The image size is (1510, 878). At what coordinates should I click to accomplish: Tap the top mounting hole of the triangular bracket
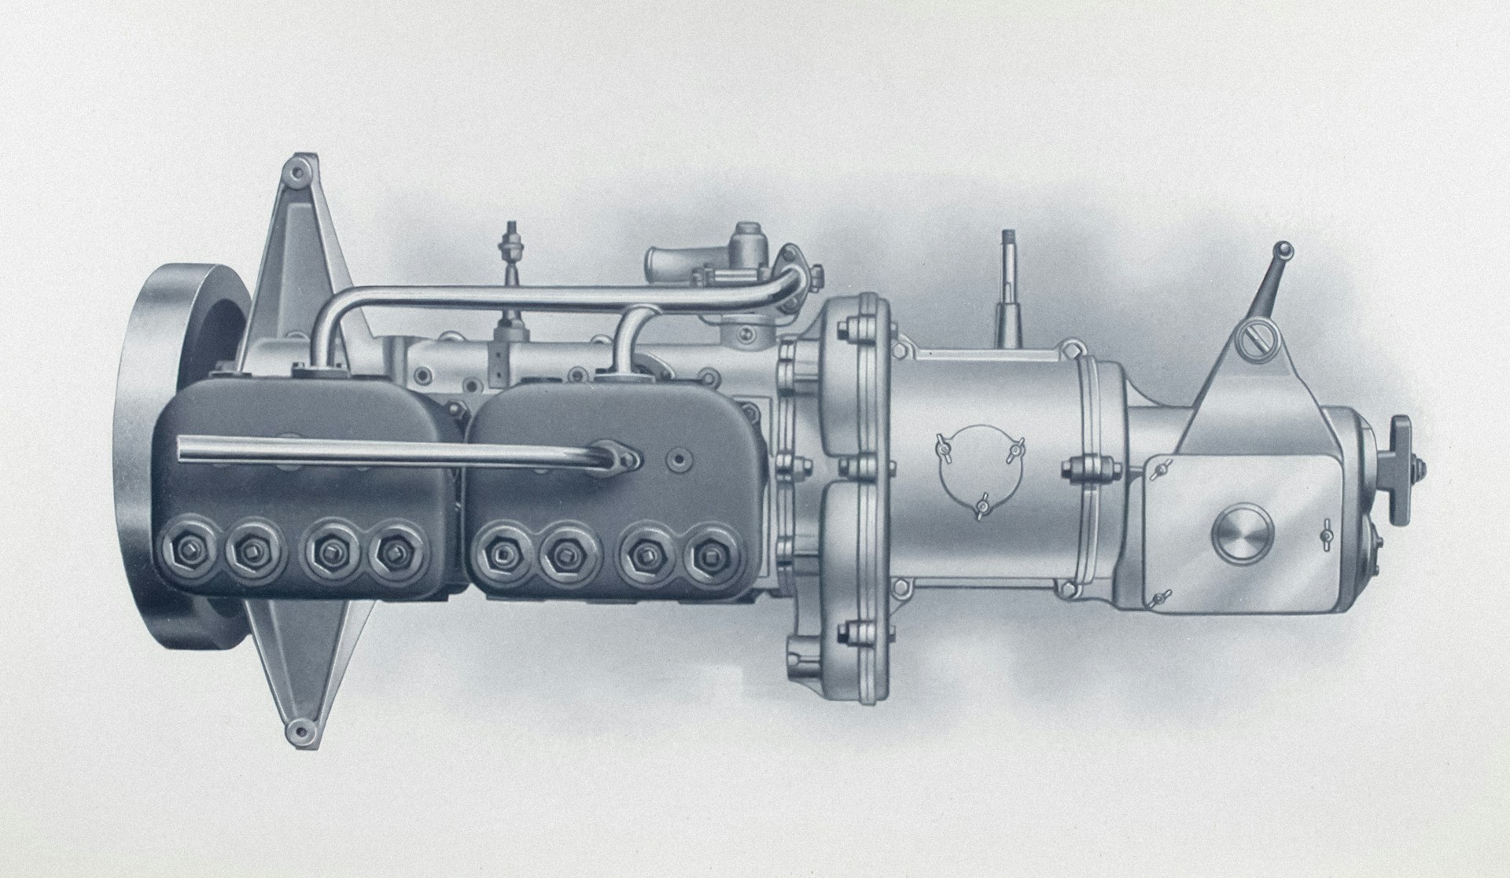(296, 170)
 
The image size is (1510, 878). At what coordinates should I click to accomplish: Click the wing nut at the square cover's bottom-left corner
(1157, 599)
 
